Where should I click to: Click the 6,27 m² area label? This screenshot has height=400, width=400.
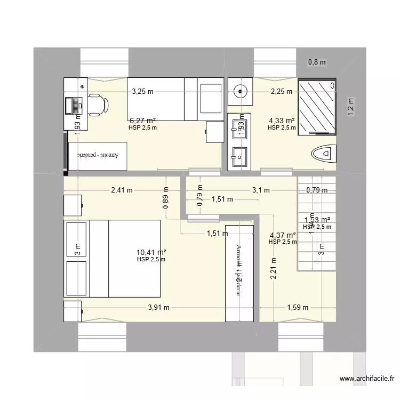142,121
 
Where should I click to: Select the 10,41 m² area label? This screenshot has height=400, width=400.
151,252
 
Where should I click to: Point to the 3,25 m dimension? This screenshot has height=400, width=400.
142,91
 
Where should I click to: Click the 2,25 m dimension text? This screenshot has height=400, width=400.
281,91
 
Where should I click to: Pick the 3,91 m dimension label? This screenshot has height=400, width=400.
158,307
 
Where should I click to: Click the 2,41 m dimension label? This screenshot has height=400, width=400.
122,190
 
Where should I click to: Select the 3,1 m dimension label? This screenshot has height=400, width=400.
261,190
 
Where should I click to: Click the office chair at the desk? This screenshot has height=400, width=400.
97,104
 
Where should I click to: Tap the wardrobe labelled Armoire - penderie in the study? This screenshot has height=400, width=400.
98,156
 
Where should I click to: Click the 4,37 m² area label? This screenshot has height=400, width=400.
283,235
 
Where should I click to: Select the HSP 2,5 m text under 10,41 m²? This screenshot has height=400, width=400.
151,260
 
